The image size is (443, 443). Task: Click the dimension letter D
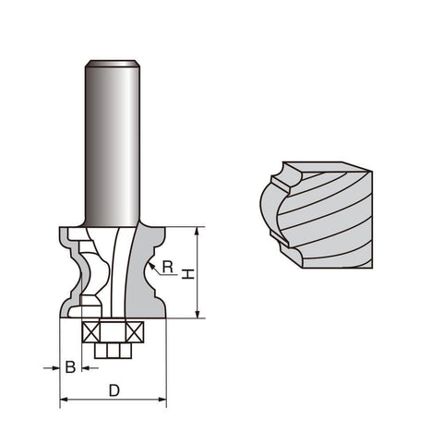[x=114, y=390]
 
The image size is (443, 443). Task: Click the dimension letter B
[x=70, y=367]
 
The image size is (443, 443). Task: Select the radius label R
[x=168, y=267]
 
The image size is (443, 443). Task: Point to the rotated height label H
[x=188, y=274]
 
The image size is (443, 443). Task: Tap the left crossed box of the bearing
[x=91, y=332]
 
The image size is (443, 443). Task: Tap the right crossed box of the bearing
[x=135, y=332]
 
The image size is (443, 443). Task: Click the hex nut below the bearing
[x=113, y=351]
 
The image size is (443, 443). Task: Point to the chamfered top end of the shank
[x=113, y=64]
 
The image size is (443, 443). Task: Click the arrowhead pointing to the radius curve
[x=151, y=267]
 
